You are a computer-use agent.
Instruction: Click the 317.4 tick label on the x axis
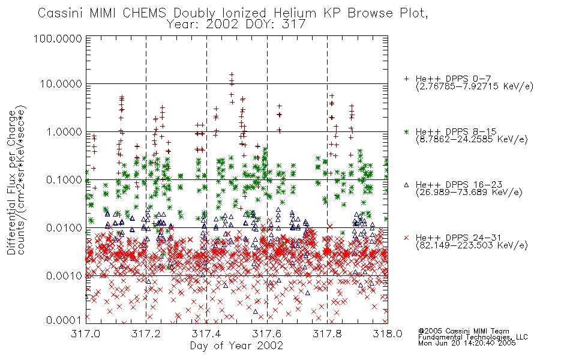coord(206,334)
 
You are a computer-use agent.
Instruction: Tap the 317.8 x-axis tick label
coord(327,334)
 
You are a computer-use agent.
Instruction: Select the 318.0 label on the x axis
coord(388,334)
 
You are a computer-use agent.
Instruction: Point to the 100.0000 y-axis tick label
coord(58,38)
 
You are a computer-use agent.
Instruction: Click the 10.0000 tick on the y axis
coord(61,84)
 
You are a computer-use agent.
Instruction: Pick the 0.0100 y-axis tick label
coord(64,228)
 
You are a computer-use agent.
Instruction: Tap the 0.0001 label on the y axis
coord(64,320)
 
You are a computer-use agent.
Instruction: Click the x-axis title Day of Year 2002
coord(236,346)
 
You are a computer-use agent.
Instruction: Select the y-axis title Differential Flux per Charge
coord(11,182)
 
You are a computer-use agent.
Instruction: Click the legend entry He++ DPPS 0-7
coord(454,79)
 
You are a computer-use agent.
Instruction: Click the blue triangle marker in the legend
coord(406,185)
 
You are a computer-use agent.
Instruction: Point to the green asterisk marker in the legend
coord(406,131)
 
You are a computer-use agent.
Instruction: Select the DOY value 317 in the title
coord(294,25)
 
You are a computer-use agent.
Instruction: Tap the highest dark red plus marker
coord(232,74)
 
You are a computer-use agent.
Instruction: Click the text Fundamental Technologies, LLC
coord(473,337)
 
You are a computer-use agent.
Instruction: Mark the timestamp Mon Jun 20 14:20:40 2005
coord(467,343)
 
